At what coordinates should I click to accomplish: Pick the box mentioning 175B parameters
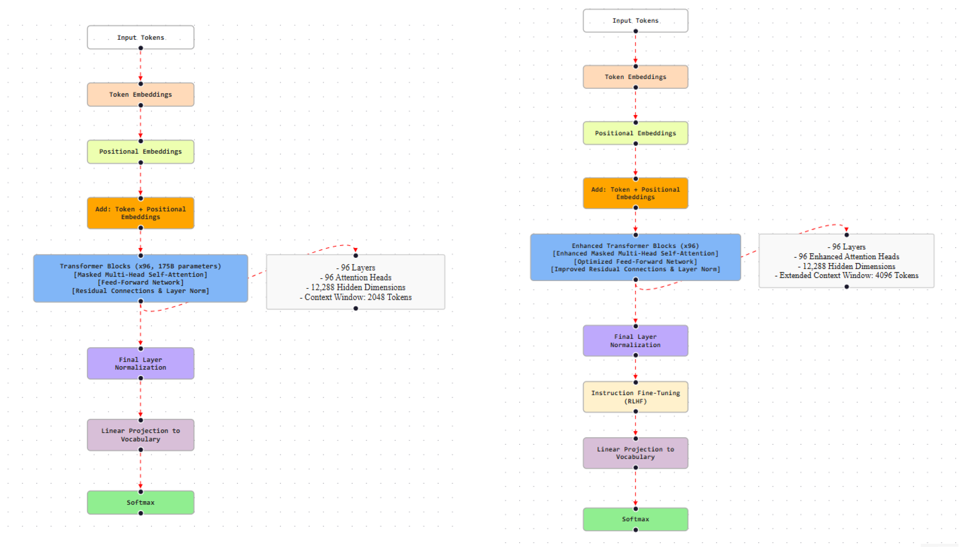tap(140, 278)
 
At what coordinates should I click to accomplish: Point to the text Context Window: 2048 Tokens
tap(357, 297)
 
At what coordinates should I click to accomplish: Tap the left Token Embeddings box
tap(140, 94)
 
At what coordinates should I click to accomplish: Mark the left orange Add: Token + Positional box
tap(140, 213)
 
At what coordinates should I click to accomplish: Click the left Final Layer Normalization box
tap(140, 363)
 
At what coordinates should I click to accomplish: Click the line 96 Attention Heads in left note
tap(357, 277)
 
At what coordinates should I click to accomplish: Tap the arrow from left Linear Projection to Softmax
tap(140, 470)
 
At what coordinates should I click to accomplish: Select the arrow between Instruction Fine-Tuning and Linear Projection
tap(635, 425)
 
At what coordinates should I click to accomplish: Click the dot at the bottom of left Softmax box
tap(141, 513)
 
